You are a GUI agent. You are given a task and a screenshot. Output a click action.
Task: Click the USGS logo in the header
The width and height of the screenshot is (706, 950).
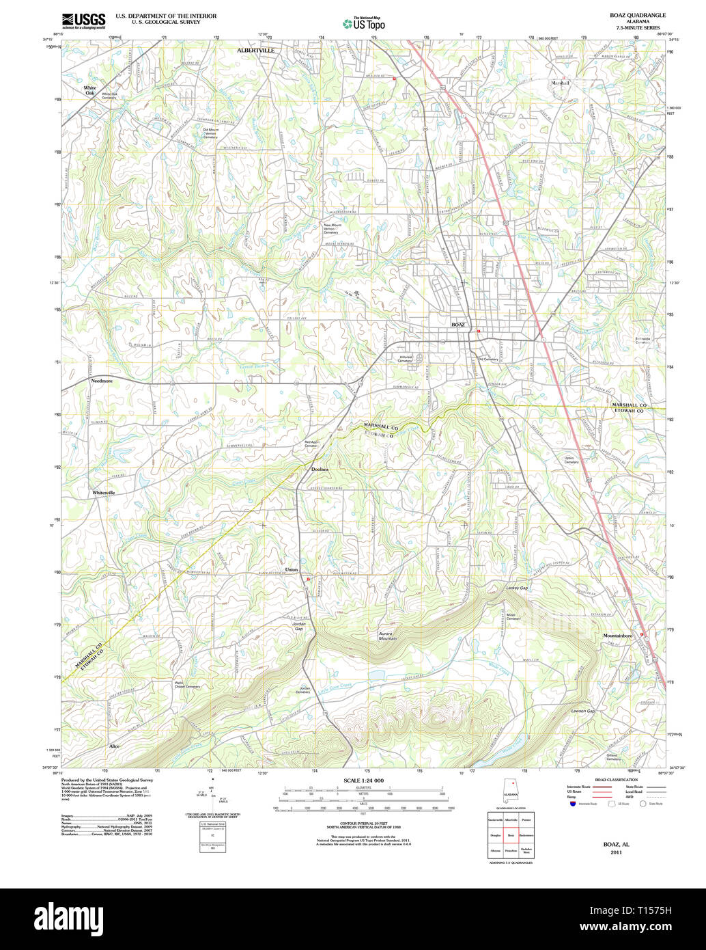(x=84, y=21)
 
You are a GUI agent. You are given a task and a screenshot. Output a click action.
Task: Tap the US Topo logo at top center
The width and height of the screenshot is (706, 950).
(x=363, y=24)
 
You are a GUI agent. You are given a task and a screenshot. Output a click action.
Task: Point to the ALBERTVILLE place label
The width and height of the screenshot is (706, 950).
(x=255, y=51)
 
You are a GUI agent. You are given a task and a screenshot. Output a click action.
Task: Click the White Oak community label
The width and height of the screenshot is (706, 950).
(x=90, y=90)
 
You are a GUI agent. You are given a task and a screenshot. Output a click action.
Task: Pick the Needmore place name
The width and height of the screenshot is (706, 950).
(x=102, y=381)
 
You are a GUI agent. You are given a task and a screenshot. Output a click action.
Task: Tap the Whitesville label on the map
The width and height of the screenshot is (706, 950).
(x=104, y=492)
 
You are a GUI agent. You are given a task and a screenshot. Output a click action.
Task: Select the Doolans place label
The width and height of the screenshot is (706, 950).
(x=320, y=470)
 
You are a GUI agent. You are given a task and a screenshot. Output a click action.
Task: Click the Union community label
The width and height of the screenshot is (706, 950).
(x=292, y=569)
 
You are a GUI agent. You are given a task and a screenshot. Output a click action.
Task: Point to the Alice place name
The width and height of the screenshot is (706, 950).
(x=114, y=746)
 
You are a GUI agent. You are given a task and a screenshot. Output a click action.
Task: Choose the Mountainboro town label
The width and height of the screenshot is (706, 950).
(x=617, y=636)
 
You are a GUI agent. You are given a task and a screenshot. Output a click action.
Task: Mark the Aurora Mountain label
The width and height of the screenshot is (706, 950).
(x=388, y=636)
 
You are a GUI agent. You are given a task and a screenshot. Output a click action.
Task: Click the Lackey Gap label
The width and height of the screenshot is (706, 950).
(x=517, y=588)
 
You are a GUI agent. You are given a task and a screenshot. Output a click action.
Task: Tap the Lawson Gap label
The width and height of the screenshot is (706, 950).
(x=582, y=711)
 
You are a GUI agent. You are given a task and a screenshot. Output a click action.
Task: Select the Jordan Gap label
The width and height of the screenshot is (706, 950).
(x=298, y=626)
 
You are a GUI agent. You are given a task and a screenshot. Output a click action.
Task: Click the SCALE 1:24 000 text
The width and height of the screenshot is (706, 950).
(x=363, y=781)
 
